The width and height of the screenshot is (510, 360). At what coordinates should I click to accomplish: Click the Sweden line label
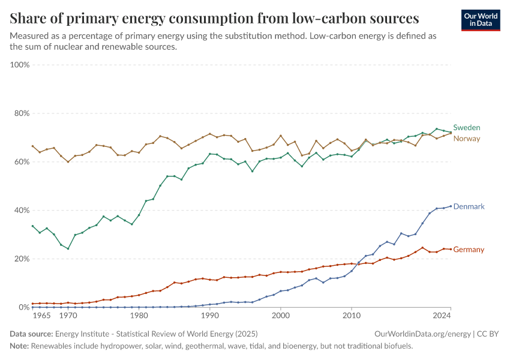pos(466,128)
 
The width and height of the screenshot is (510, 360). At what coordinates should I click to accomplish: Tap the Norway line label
pos(466,139)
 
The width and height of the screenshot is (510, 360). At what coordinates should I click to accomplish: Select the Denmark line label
pos(469,206)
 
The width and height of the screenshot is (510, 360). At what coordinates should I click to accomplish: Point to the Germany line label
pos(469,250)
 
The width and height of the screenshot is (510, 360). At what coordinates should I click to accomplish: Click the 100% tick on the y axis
pos(20,65)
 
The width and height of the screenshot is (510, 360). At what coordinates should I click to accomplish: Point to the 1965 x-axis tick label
pos(41,315)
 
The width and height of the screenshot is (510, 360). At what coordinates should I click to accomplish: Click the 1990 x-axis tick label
pos(210,315)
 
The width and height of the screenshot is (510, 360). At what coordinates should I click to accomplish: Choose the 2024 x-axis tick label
pos(441,315)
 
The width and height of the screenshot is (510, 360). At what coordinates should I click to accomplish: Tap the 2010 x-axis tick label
pos(352,315)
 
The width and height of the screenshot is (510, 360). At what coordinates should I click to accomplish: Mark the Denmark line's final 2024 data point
pos(451,206)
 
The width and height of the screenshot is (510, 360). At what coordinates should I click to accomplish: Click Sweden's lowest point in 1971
pos(68,248)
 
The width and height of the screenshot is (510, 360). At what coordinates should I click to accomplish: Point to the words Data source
pos(31,334)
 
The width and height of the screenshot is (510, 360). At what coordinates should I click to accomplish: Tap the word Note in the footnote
pos(20,346)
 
